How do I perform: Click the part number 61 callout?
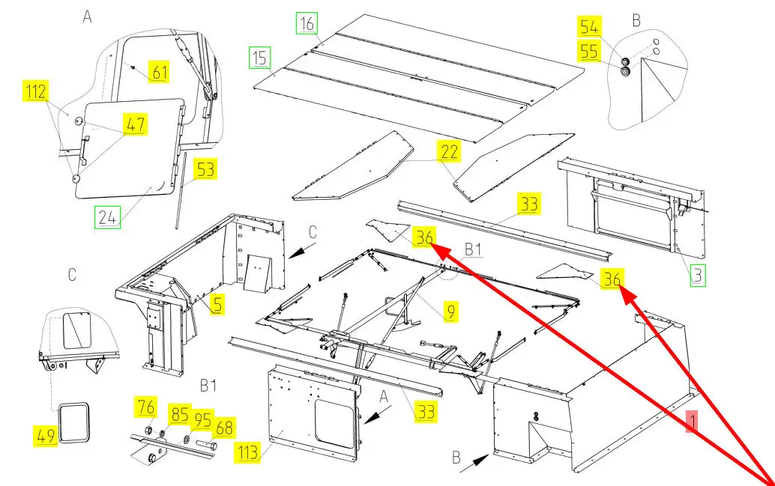pyautogui.click(x=159, y=72)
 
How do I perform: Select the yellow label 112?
pyautogui.click(x=35, y=92)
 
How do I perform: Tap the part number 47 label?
pyautogui.click(x=136, y=124)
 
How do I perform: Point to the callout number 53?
pyautogui.click(x=205, y=169)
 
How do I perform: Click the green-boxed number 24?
pyautogui.click(x=107, y=217)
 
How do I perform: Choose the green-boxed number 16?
pyautogui.click(x=307, y=24)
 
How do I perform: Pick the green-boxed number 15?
pyautogui.click(x=260, y=56)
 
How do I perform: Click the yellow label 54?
pyautogui.click(x=589, y=28)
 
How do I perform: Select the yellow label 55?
pyautogui.click(x=589, y=52)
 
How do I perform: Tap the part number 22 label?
pyautogui.click(x=450, y=152)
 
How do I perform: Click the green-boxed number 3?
pyautogui.click(x=698, y=275)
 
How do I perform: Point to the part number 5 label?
pyautogui.click(x=217, y=304)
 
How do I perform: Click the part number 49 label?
pyautogui.click(x=46, y=434)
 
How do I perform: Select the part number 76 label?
pyautogui.click(x=145, y=409)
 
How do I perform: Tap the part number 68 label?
pyautogui.click(x=224, y=428)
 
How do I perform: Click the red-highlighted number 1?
pyautogui.click(x=693, y=422)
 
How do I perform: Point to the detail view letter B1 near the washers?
pyautogui.click(x=208, y=386)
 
